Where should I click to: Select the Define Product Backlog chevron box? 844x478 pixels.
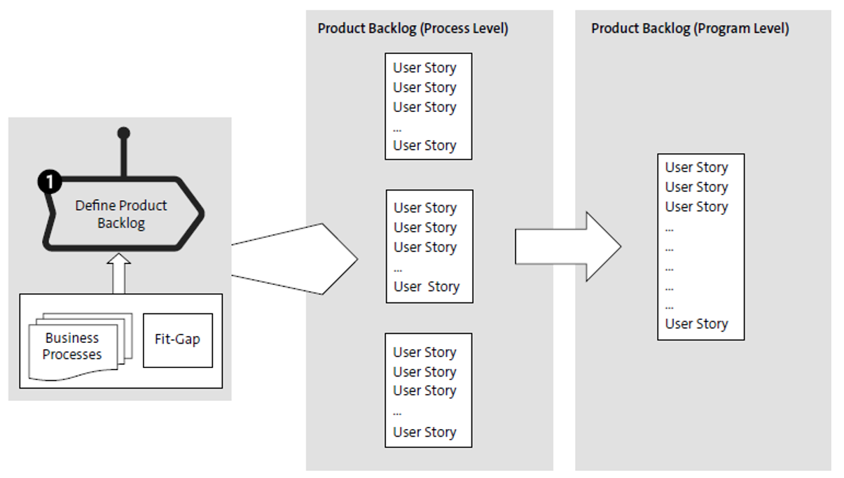pos(123,214)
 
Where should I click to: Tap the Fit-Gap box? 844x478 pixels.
pos(177,339)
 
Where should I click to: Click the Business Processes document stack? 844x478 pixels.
pos(74,346)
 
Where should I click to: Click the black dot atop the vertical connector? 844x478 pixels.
pos(124,133)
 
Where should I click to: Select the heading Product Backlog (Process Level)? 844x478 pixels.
pos(413,29)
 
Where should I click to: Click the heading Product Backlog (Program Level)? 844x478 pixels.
pos(690,29)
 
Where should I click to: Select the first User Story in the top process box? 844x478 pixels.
pos(424,68)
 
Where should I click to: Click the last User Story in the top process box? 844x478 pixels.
pos(424,146)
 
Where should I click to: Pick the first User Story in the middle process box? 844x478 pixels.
pos(425,208)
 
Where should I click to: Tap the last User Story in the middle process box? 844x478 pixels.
pos(426,287)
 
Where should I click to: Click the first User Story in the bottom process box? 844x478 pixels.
pos(424,352)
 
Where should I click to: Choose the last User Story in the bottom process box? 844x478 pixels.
pos(424,432)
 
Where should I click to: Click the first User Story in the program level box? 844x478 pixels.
pos(696,167)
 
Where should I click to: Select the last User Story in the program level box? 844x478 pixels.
pos(696,324)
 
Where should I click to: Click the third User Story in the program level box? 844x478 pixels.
pos(696,206)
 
